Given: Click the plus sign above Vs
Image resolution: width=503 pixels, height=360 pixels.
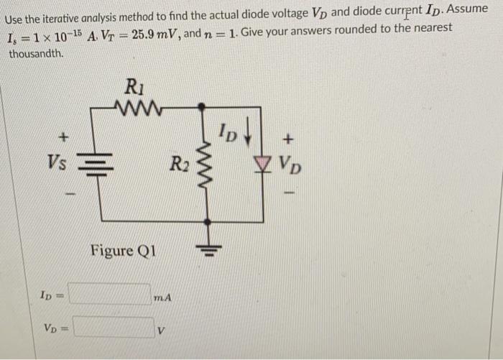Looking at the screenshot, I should click(x=63, y=135).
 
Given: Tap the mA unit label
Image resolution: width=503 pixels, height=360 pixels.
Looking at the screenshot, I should click(x=163, y=296).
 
